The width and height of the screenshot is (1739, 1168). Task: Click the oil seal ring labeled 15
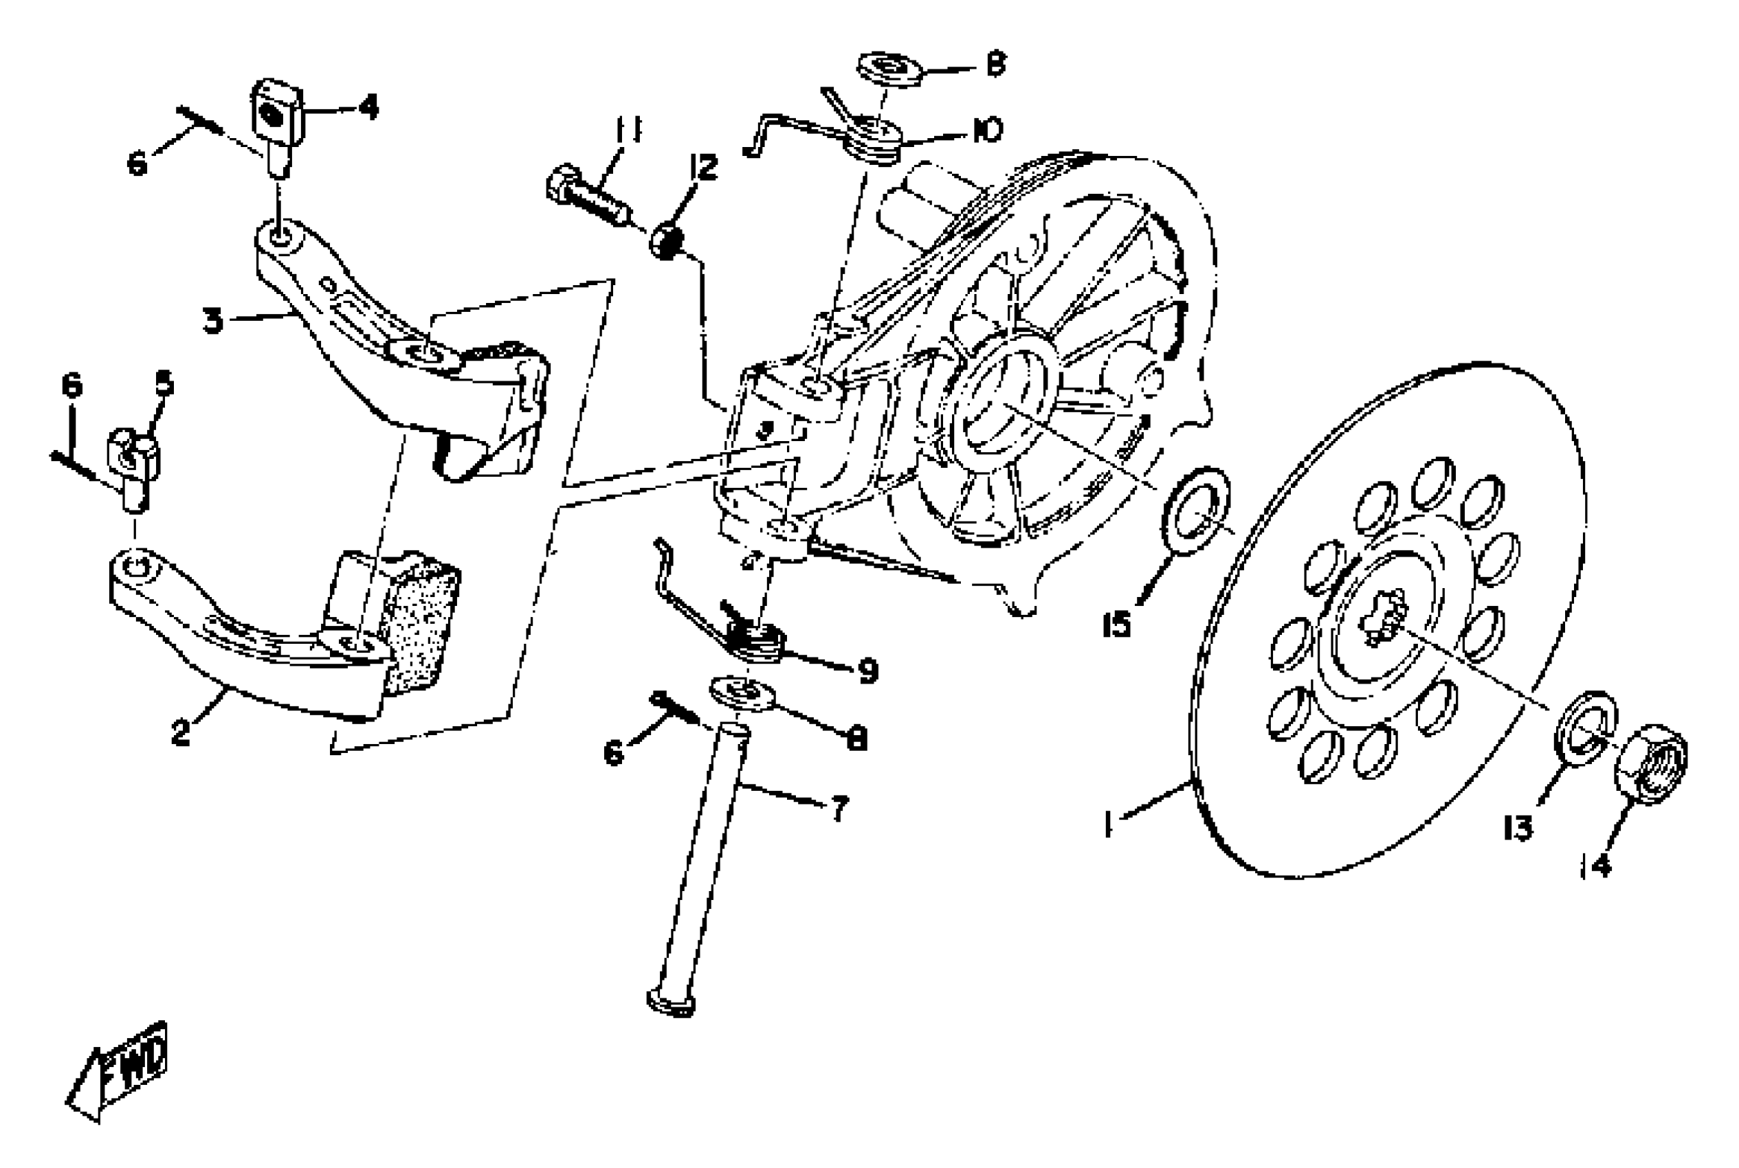click(1195, 510)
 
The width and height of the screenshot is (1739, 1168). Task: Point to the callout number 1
click(1109, 825)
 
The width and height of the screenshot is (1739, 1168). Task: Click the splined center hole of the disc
click(1383, 616)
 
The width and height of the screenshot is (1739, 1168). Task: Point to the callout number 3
click(213, 322)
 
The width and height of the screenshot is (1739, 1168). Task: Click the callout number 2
click(181, 732)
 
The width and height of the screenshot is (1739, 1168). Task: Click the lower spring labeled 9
click(756, 641)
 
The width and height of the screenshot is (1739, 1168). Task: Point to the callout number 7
click(839, 808)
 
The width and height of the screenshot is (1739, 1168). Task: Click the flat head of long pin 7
click(672, 1001)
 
